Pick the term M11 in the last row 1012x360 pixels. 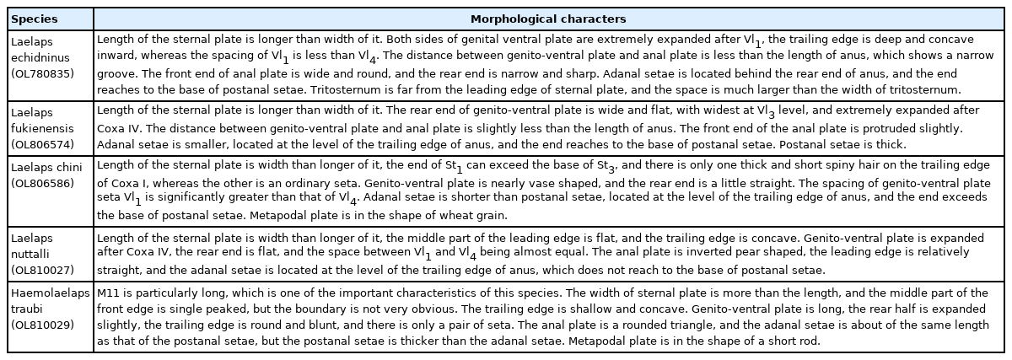click(109, 292)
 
